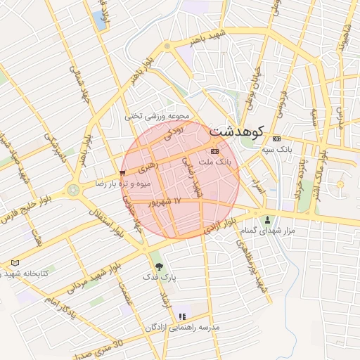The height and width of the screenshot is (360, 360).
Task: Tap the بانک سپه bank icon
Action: [x=277, y=139]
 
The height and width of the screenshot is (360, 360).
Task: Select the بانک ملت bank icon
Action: [x=214, y=151]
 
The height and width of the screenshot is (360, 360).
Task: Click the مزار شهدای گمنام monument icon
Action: [x=267, y=220]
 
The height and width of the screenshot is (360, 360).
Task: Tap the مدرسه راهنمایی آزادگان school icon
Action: [x=183, y=317]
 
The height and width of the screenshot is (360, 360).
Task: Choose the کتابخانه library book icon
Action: [x=15, y=263]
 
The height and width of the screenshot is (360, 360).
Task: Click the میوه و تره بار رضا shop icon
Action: [x=123, y=172]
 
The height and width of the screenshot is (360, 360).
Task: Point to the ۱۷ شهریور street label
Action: [x=166, y=202]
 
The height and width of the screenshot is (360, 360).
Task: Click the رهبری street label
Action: [x=147, y=168]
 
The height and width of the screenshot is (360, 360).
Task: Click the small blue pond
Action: [x=100, y=20]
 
